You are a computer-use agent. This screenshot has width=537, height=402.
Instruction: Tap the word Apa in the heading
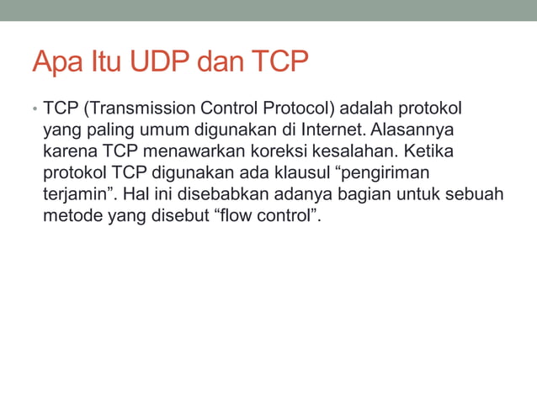[x=56, y=62]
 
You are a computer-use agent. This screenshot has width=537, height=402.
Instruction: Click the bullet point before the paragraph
[x=34, y=110]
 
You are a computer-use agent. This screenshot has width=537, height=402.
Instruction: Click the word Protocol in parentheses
[x=300, y=109]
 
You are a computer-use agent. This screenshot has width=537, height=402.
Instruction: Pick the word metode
[x=71, y=217]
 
